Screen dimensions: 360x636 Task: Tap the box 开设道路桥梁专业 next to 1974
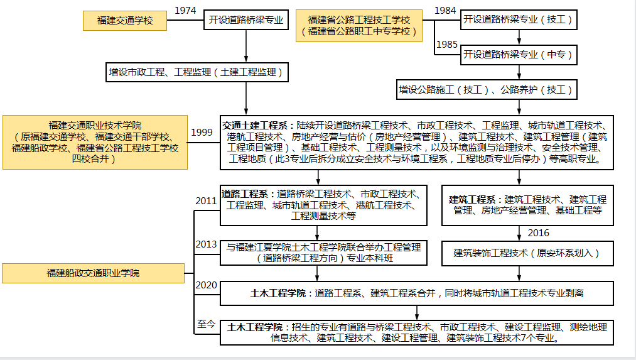tap(245, 21)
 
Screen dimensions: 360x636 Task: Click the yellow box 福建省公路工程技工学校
tap(358, 25)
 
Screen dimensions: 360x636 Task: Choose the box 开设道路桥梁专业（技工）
tap(518, 20)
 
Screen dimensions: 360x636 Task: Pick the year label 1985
tap(446, 45)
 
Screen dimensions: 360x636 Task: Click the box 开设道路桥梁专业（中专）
tap(518, 55)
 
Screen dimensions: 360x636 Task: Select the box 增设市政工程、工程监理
tap(197, 73)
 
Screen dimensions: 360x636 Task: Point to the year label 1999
tap(202, 132)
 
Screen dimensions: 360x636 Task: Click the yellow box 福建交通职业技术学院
tap(95, 142)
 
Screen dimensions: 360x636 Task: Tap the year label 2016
tap(538, 233)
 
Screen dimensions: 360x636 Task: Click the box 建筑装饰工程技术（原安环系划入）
tap(526, 253)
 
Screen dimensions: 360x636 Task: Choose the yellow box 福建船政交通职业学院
tap(93, 273)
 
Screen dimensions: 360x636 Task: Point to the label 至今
tap(206, 324)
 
